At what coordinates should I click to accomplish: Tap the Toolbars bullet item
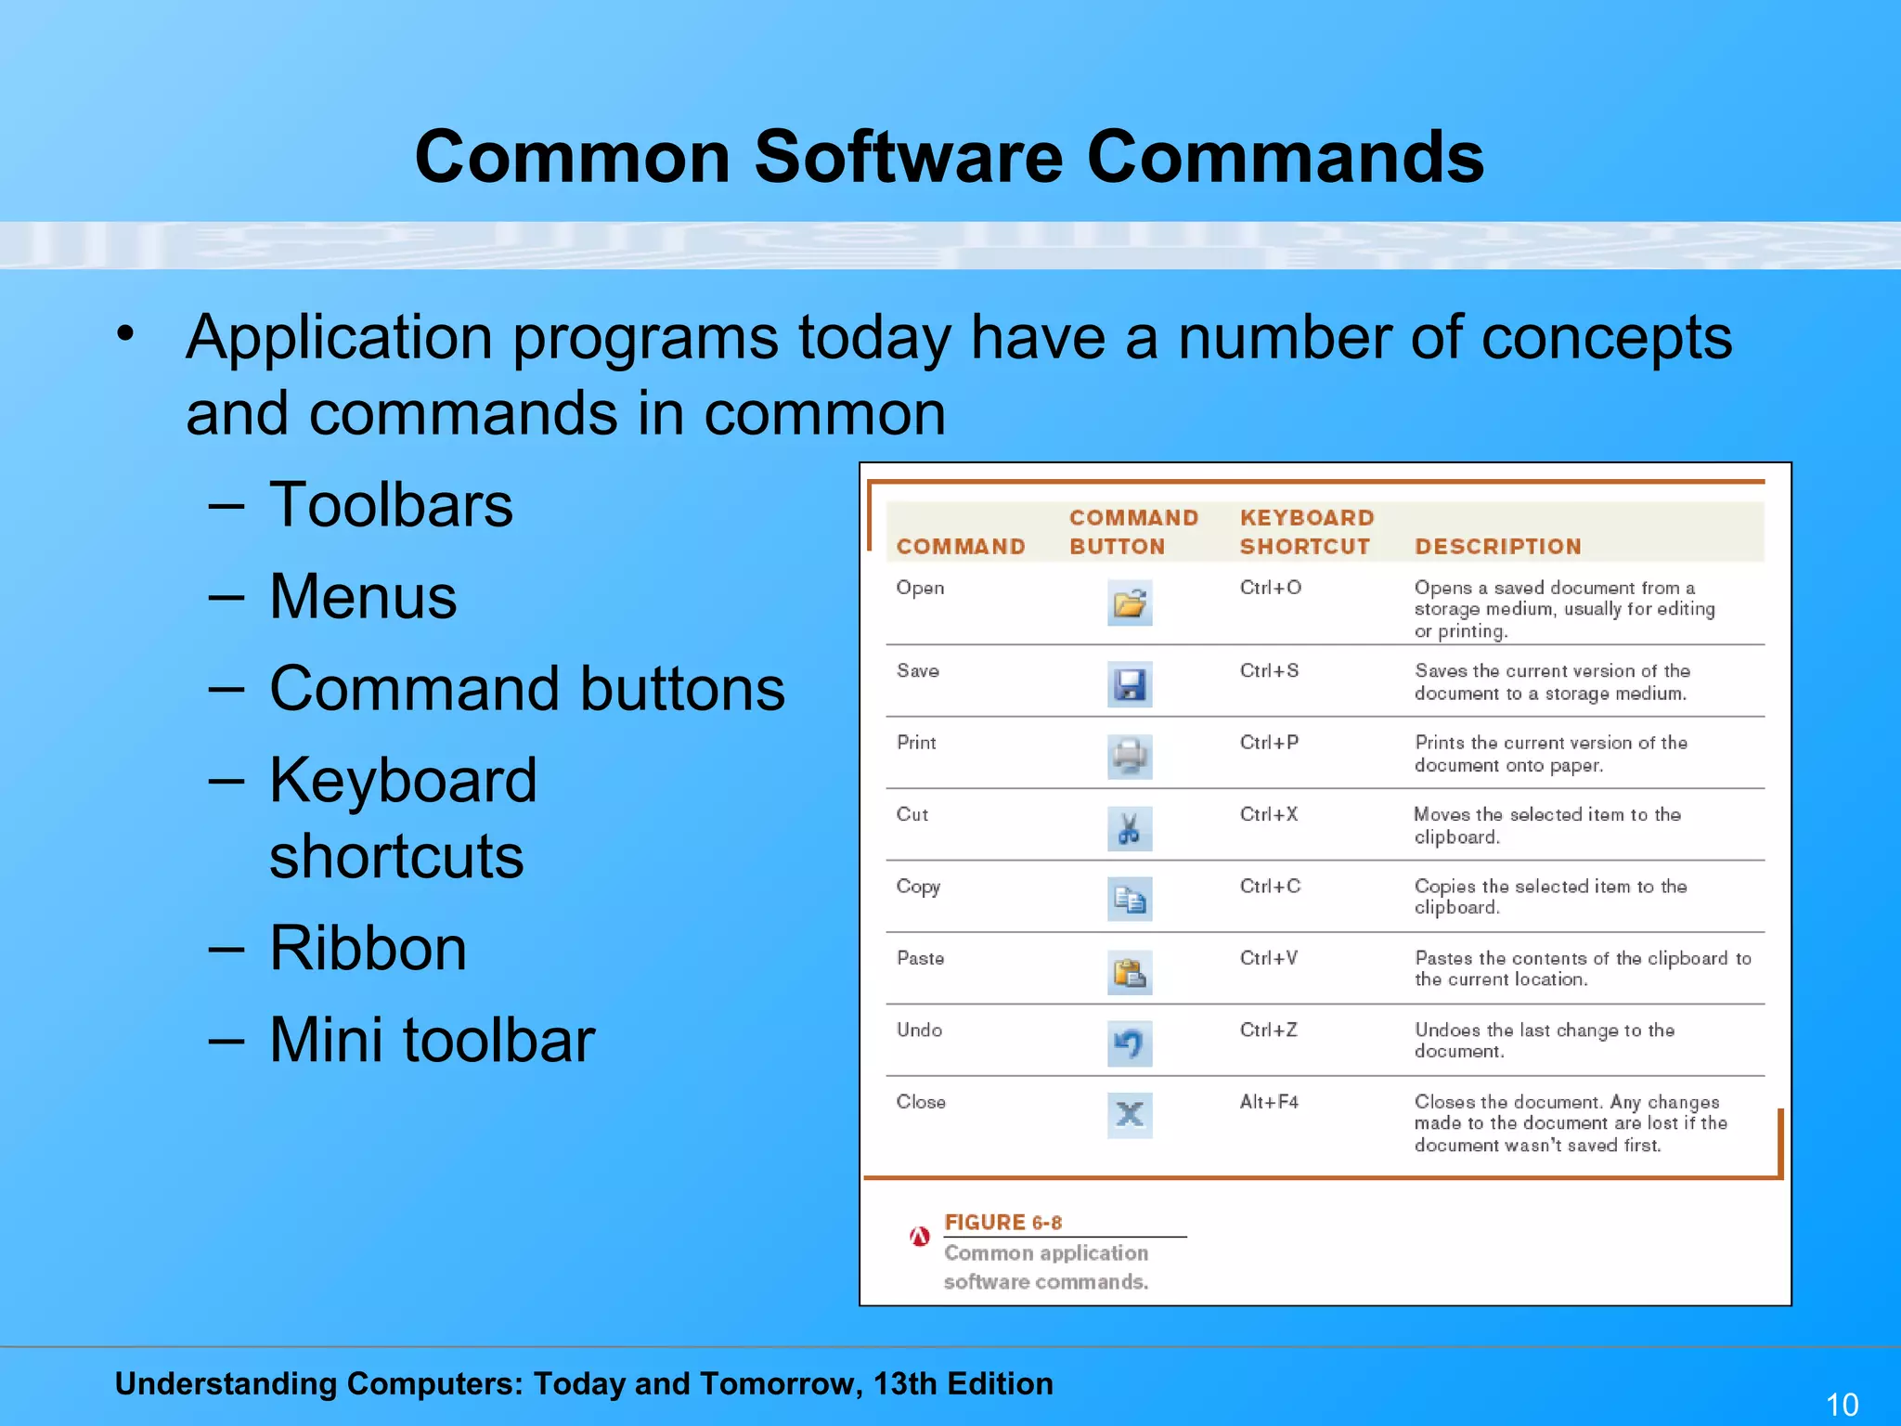pyautogui.click(x=390, y=505)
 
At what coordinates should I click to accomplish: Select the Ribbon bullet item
pyautogui.click(x=368, y=948)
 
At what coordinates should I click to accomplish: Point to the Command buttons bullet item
pyautogui.click(x=526, y=689)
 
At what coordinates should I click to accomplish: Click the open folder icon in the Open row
pyautogui.click(x=1130, y=603)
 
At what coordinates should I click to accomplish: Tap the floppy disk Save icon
pyautogui.click(x=1130, y=685)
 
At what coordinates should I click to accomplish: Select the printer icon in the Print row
pyautogui.click(x=1130, y=757)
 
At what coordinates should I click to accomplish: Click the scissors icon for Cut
pyautogui.click(x=1130, y=828)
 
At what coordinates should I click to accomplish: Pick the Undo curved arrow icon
pyautogui.click(x=1130, y=1044)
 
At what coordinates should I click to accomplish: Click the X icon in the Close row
pyautogui.click(x=1130, y=1115)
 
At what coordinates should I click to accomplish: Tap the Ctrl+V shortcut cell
pyautogui.click(x=1268, y=958)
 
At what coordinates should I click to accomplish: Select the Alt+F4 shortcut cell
pyautogui.click(x=1268, y=1102)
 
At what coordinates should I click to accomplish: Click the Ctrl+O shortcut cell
pyautogui.click(x=1270, y=588)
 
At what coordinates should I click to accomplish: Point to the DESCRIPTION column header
pyautogui.click(x=1497, y=547)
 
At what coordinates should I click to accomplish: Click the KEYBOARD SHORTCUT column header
pyautogui.click(x=1306, y=532)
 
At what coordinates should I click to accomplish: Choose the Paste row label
pyautogui.click(x=920, y=958)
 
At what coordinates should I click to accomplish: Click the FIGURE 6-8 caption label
pyautogui.click(x=1002, y=1223)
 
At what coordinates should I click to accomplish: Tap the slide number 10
pyautogui.click(x=1842, y=1404)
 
